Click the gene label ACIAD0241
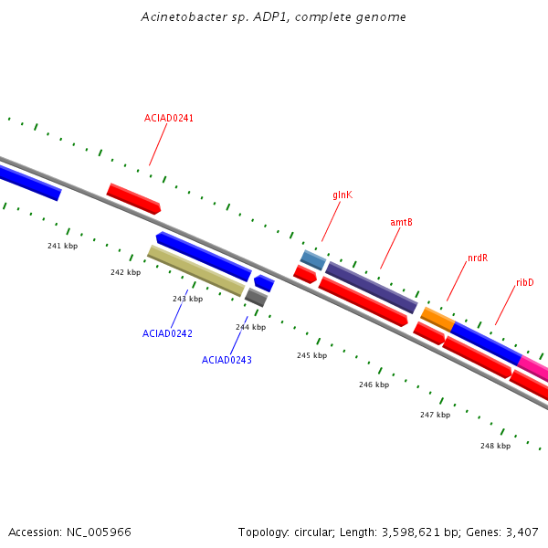(169, 118)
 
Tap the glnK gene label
(342, 195)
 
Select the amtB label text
(401, 222)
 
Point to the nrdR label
(478, 258)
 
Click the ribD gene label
(525, 282)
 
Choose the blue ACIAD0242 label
(167, 333)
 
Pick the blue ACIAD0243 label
(227, 360)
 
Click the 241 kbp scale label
(62, 246)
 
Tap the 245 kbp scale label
(312, 355)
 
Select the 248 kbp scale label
(496, 446)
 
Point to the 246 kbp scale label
(374, 385)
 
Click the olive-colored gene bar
(196, 271)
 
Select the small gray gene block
(256, 298)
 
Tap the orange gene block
(437, 320)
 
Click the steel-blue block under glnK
(313, 260)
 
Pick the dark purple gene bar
(372, 288)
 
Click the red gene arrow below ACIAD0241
(134, 198)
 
